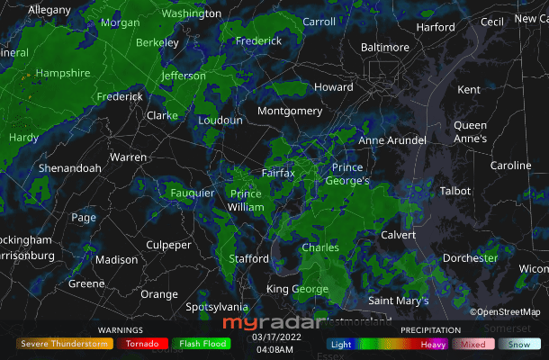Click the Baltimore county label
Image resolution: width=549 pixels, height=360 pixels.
click(384, 47)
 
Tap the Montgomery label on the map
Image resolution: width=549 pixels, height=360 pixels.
click(290, 111)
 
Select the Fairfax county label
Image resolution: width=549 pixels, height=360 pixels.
click(277, 172)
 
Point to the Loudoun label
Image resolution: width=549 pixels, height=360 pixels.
click(220, 120)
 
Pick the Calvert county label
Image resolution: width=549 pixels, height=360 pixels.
click(399, 234)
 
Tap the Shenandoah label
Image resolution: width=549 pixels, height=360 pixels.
click(69, 168)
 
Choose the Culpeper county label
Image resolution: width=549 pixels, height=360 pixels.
click(168, 245)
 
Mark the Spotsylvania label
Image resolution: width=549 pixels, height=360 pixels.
click(216, 307)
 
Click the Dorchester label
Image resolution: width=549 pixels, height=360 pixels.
click(470, 258)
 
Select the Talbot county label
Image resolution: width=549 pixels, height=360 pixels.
click(454, 191)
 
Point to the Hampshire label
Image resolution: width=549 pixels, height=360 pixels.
click(62, 73)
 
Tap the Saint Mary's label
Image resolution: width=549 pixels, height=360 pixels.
click(399, 300)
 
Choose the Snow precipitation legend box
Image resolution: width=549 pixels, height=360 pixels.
click(520, 344)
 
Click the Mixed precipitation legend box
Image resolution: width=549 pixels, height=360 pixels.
click(473, 344)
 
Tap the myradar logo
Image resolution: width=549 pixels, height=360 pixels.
click(270, 322)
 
